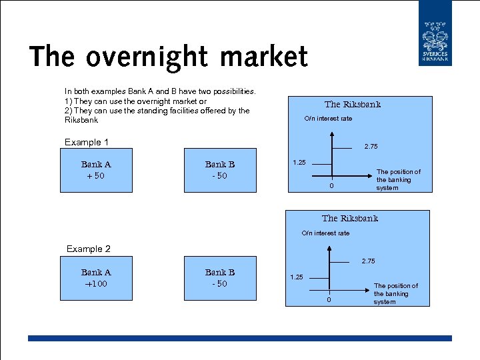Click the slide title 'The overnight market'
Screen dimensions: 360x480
pos(169,57)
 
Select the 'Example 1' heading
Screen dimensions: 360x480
pos(86,142)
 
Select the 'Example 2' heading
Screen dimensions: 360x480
pos(88,249)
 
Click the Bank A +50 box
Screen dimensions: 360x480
pos(96,170)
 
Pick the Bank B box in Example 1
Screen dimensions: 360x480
pos(219,170)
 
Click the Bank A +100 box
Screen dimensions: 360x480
pos(96,278)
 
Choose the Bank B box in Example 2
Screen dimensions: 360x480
pos(219,278)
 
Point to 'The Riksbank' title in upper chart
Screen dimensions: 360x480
pos(352,105)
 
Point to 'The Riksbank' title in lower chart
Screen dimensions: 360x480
pos(349,219)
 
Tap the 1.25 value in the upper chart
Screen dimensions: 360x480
pos(299,162)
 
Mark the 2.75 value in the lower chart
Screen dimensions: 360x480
pos(368,261)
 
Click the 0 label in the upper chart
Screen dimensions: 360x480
pos(331,186)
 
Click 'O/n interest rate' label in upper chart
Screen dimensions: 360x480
pos(328,119)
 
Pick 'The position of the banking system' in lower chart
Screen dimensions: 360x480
pos(395,294)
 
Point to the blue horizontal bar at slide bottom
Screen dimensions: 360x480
pos(239,338)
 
